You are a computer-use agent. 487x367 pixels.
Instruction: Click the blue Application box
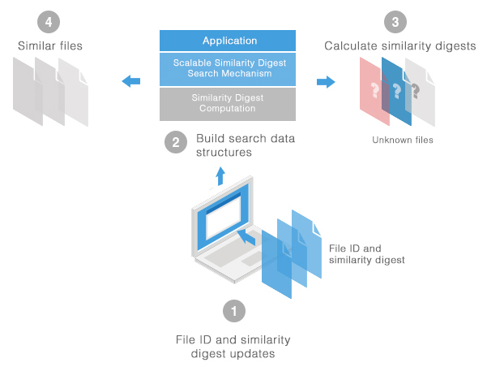(230, 41)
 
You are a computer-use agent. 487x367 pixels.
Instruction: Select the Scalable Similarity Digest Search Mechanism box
(230, 67)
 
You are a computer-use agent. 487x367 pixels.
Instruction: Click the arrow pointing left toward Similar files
(130, 81)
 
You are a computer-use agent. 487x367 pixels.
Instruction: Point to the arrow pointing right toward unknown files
(326, 81)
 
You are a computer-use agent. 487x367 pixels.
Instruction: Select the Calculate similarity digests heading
(400, 46)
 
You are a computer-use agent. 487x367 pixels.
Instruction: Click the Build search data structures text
(245, 145)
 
